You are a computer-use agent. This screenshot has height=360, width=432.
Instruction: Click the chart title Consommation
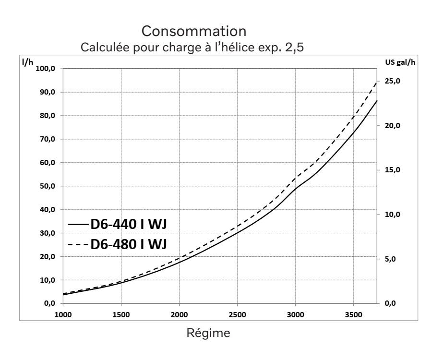pyautogui.click(x=194, y=33)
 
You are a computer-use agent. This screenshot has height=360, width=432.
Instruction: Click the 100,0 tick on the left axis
pyautogui.click(x=46, y=69)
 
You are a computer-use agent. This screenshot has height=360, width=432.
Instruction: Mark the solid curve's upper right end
pyautogui.click(x=377, y=101)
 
